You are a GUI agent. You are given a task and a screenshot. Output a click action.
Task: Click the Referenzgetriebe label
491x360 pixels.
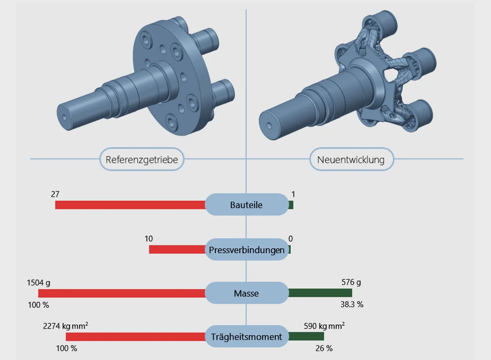click(142, 159)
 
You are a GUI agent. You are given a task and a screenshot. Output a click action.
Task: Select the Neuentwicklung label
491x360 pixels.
click(351, 159)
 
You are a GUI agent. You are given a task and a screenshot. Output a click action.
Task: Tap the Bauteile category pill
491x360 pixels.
click(246, 205)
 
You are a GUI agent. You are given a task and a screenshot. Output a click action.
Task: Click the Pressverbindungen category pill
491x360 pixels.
click(247, 250)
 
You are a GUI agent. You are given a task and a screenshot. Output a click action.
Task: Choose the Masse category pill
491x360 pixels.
click(246, 293)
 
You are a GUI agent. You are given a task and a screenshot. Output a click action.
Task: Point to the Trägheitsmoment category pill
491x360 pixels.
click(246, 337)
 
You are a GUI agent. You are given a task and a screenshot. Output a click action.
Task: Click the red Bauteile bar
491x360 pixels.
click(130, 205)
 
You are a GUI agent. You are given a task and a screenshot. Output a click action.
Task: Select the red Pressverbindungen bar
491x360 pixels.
click(177, 250)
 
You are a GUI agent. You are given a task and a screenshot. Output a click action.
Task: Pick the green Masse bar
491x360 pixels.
click(320, 293)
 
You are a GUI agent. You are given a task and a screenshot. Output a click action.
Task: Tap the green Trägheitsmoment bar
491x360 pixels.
click(306, 337)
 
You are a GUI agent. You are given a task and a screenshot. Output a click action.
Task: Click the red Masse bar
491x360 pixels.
click(122, 293)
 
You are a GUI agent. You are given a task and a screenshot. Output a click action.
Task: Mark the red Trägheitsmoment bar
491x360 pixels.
click(135, 337)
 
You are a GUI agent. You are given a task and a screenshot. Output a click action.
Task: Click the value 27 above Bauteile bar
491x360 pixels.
click(55, 194)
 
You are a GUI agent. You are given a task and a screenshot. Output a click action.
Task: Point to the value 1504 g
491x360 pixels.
click(38, 283)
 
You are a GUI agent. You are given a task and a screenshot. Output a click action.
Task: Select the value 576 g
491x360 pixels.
click(351, 282)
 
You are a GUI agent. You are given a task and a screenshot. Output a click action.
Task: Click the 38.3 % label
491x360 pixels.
click(351, 304)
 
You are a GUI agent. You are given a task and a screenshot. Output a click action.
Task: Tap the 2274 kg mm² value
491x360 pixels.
click(65, 326)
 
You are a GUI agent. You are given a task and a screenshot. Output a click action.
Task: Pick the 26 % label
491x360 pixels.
click(324, 349)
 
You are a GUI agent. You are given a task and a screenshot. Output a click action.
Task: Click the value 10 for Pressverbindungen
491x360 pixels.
click(148, 239)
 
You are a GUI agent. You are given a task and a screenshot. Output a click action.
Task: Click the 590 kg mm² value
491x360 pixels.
click(324, 326)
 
